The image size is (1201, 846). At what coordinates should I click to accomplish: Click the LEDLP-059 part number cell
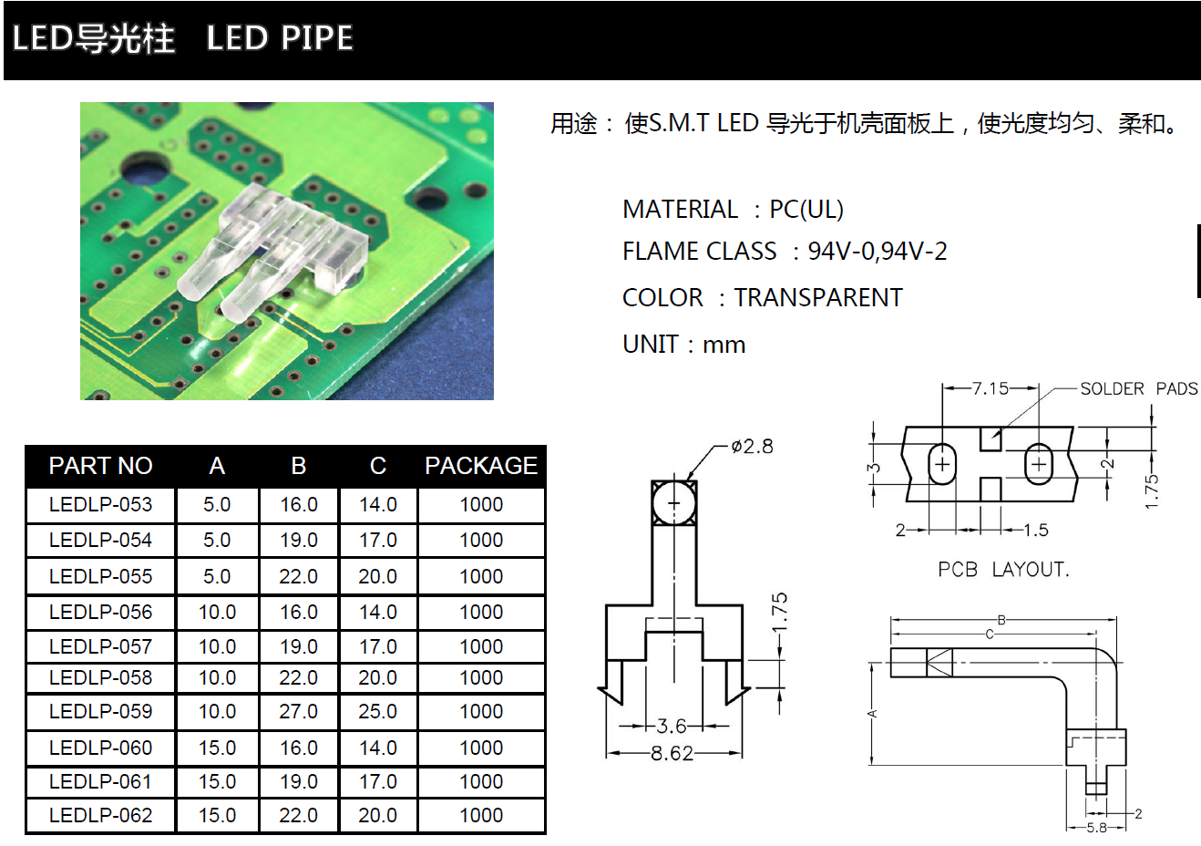coord(100,712)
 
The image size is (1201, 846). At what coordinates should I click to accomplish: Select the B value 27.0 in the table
coord(298,712)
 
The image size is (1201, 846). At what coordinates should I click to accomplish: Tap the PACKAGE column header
coord(480,466)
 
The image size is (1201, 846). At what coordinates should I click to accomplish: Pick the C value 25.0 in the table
coord(377,712)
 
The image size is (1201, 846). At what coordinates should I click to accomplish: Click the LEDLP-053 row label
coord(100,505)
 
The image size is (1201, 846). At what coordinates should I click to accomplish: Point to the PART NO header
coord(100,466)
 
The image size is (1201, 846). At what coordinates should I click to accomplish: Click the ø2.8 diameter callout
coord(752,447)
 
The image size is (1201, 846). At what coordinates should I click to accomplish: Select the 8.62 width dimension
coord(672,754)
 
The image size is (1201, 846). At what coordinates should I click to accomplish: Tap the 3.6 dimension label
coord(672,727)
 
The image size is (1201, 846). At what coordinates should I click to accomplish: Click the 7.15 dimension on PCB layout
coord(990,388)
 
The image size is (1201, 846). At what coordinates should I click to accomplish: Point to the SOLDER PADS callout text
coord(1138,389)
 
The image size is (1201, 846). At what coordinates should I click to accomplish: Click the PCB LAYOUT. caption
coord(1003,570)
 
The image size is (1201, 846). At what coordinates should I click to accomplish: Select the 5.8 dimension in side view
coord(1096,828)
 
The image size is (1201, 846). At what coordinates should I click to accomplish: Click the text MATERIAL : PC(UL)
coord(733,210)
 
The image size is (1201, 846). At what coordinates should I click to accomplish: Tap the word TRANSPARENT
coord(818,298)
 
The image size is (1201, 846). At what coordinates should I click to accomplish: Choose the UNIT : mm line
coord(683,345)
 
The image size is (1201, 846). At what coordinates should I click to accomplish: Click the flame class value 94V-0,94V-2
coord(878,252)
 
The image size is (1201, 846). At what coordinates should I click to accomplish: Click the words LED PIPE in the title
coord(280,38)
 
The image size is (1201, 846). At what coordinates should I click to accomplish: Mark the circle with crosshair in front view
coord(674,502)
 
